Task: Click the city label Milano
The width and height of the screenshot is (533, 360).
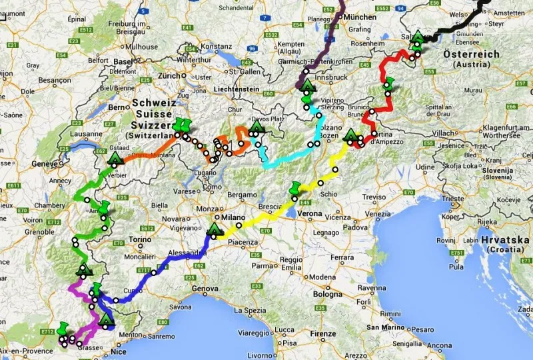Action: [235, 217]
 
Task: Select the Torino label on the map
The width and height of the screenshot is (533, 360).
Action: [140, 239]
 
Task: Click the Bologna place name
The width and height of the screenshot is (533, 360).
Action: [328, 293]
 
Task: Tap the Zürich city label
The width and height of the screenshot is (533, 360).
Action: [170, 76]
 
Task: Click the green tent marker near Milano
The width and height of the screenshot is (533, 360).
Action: [215, 231]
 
